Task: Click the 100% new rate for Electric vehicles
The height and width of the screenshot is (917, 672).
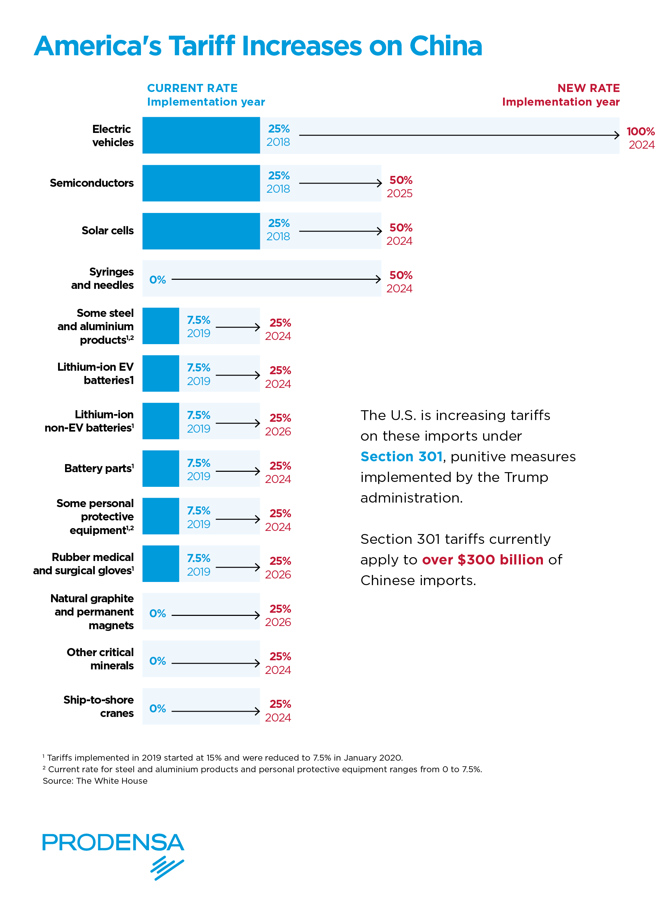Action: pos(640,132)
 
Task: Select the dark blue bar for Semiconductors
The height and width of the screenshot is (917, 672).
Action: pos(201,183)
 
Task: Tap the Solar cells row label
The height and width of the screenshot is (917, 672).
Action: pos(107,230)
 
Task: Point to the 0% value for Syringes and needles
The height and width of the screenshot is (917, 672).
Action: pos(157,280)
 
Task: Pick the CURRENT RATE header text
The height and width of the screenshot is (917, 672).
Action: pos(192,88)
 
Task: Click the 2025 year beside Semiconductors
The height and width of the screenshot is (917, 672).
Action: pos(399,193)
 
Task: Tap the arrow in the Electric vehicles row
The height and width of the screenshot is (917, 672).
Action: pos(459,135)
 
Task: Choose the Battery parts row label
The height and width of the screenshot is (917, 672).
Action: pos(99,468)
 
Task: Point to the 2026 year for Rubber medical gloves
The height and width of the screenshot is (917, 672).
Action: pos(278,575)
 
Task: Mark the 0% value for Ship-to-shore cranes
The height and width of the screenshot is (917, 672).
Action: pos(157,709)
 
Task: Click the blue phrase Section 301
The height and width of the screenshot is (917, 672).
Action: pos(401,457)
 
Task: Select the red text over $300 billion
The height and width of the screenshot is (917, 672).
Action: pos(482,560)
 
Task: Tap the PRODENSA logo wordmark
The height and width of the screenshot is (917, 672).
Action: pos(113,843)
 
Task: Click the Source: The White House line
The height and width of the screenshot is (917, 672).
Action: pos(95,781)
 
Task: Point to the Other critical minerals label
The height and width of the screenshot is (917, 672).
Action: pos(100,659)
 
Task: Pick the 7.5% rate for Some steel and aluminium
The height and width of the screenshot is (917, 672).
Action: pos(198,320)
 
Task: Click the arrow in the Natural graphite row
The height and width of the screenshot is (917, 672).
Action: pos(215,615)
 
